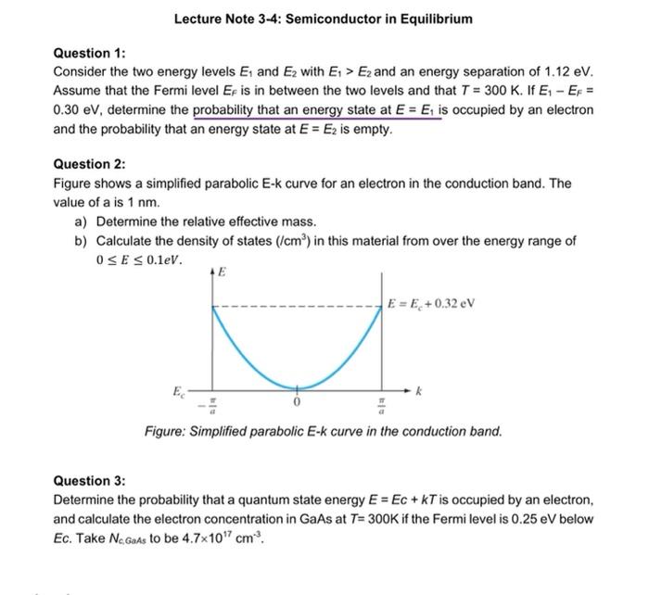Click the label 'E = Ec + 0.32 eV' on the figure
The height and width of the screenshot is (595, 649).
click(431, 304)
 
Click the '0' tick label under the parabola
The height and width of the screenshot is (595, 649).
click(298, 405)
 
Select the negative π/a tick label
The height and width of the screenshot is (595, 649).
click(210, 408)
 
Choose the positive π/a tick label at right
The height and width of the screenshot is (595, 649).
click(382, 408)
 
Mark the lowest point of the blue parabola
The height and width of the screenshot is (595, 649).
click(298, 388)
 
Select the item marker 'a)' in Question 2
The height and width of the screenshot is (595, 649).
click(81, 222)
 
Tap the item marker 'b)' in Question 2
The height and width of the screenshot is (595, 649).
click(81, 240)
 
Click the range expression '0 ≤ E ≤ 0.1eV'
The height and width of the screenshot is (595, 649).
click(139, 258)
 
